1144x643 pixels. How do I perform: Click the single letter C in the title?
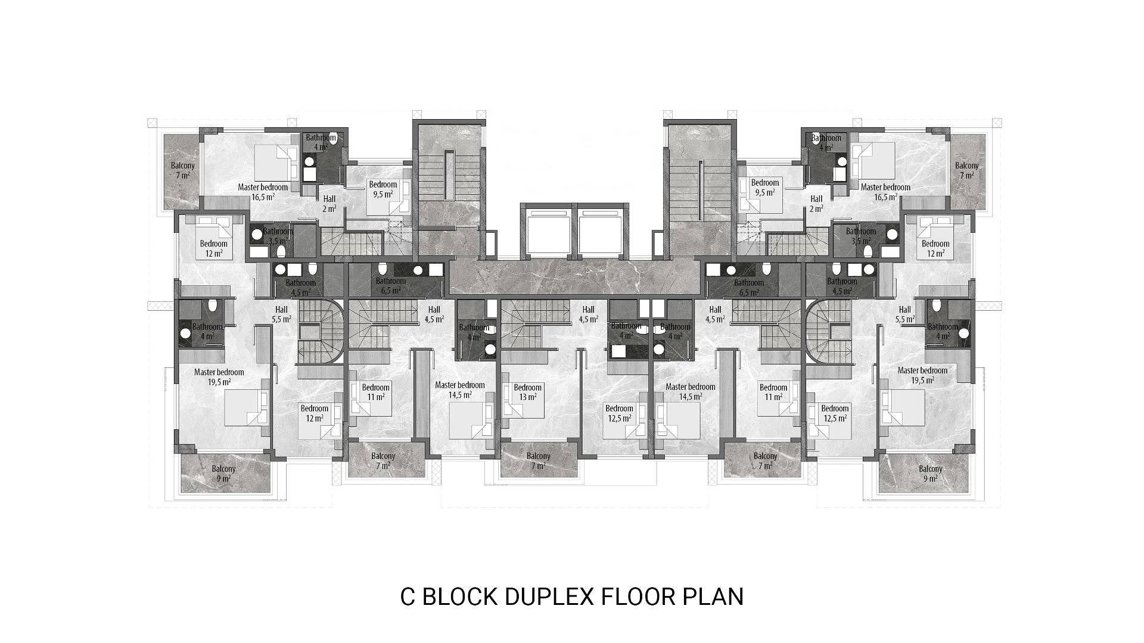pos(408,597)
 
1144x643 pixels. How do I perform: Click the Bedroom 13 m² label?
pos(527,392)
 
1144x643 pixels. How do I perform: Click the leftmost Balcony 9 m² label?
pos(223,473)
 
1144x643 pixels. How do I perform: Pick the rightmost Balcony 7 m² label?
pos(966,170)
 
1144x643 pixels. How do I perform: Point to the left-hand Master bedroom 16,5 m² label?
pos(263,192)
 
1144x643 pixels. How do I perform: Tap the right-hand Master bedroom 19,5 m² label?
pos(922,375)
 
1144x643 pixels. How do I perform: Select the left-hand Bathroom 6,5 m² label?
pos(391,286)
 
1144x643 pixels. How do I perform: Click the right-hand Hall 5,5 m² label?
pos(904,314)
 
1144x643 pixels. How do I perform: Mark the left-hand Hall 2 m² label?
pos(329,204)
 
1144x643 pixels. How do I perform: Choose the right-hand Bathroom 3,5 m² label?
pos(861,236)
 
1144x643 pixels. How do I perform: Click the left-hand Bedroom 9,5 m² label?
pos(383,189)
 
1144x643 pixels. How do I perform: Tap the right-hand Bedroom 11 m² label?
pos(773,392)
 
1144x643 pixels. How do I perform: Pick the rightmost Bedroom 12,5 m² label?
pos(834,413)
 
